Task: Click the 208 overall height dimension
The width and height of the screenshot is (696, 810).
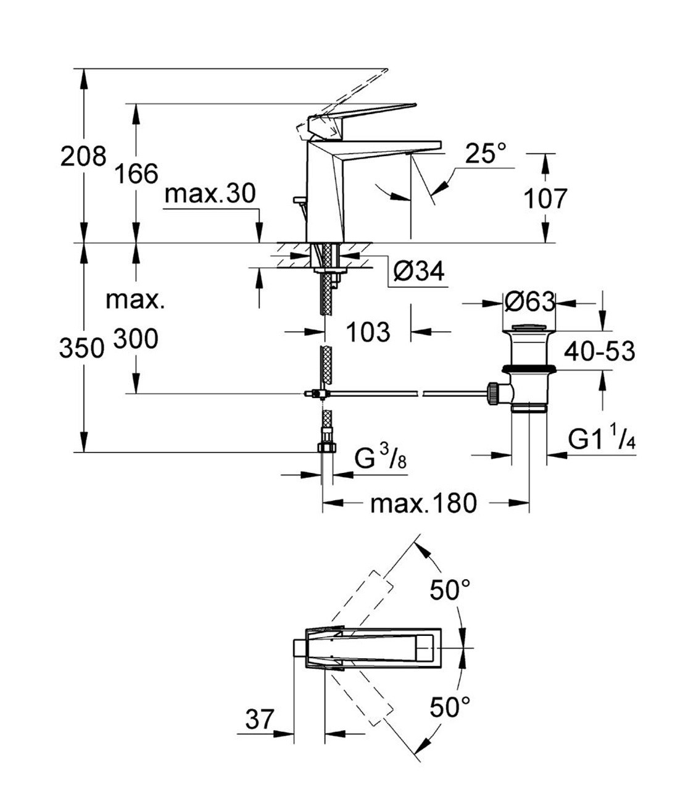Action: pyautogui.click(x=83, y=156)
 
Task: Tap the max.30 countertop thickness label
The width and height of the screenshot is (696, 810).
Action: pyautogui.click(x=210, y=194)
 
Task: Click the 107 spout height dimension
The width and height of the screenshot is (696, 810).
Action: pyautogui.click(x=545, y=199)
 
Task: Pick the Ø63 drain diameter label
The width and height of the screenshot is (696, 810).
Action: pyautogui.click(x=529, y=302)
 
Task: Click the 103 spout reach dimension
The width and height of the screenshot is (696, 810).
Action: pyautogui.click(x=368, y=332)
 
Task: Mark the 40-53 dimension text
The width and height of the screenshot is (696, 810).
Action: pyautogui.click(x=599, y=351)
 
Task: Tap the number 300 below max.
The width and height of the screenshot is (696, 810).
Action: pyautogui.click(x=136, y=339)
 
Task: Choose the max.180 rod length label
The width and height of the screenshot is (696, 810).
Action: pyautogui.click(x=423, y=504)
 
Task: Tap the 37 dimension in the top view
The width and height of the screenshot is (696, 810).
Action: pyautogui.click(x=259, y=719)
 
